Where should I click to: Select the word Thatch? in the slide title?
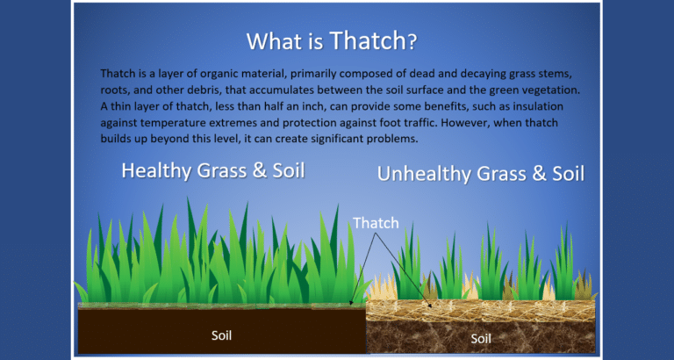pyautogui.click(x=373, y=40)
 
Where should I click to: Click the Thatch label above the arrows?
pyautogui.click(x=376, y=223)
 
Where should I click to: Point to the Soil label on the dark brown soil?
pyautogui.click(x=223, y=335)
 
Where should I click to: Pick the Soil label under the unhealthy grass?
pyautogui.click(x=481, y=338)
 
